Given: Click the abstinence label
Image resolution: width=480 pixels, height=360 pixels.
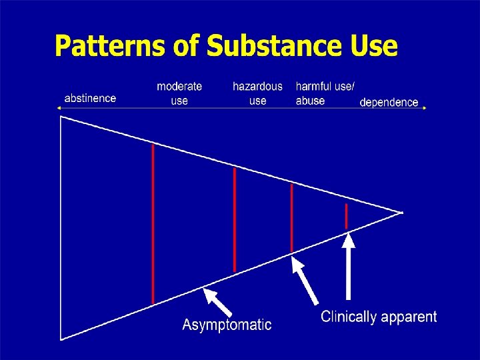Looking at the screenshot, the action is pos(90,98).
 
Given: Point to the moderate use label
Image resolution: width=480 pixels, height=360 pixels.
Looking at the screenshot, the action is pos(179,93).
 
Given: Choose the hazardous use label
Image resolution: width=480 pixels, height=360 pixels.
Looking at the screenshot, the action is pos(257,93).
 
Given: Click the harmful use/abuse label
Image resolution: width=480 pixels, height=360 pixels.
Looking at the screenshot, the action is pos(325,93).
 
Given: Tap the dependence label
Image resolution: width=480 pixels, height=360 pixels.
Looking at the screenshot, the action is pos(389,103).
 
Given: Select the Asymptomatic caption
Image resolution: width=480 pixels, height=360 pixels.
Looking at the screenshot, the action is pos(227,325).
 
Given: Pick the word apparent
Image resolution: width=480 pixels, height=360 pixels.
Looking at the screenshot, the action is pos(410,317).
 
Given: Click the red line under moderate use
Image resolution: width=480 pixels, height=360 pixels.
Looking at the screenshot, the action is pos(153,223).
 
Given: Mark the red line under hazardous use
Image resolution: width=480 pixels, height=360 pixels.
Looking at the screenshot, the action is pos(235,219).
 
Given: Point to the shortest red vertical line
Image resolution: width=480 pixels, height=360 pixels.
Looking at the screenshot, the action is pos(346,217).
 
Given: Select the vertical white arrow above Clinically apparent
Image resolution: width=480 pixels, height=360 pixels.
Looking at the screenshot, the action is pos(348,267).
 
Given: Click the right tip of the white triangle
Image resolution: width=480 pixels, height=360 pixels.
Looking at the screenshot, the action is pos(401,213).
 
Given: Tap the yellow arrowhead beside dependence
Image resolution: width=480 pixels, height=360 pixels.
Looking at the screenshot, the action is pos(423,107).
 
